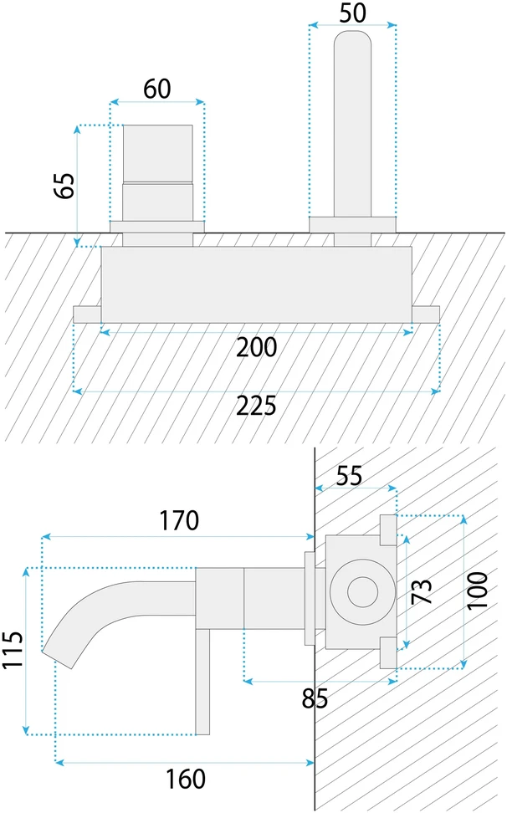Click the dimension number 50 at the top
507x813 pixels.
click(x=352, y=13)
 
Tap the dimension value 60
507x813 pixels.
click(x=157, y=89)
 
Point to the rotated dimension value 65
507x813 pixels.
click(x=64, y=186)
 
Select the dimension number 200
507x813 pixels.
click(x=257, y=347)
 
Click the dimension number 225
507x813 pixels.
click(x=257, y=406)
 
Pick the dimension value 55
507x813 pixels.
click(x=350, y=476)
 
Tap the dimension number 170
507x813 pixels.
click(x=179, y=520)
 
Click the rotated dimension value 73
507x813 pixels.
click(x=422, y=591)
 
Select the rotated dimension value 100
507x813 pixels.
click(x=478, y=591)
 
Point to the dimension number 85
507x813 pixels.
click(x=315, y=699)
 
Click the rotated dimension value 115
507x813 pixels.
click(x=13, y=650)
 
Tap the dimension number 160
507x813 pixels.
click(x=186, y=780)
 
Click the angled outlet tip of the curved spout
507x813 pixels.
click(x=59, y=657)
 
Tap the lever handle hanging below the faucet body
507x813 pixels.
click(x=202, y=682)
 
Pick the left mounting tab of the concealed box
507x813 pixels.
click(x=87, y=314)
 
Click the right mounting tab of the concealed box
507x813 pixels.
click(x=426, y=314)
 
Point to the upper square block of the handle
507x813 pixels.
click(x=157, y=153)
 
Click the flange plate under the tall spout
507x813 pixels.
click(x=352, y=224)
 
